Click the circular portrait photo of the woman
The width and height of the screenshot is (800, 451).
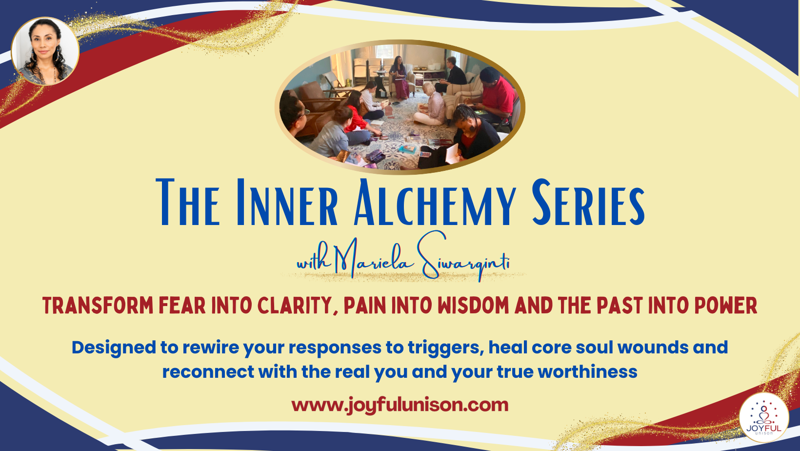45,51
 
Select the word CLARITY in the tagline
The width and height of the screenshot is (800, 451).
295,306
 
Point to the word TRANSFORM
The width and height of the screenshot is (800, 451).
98,306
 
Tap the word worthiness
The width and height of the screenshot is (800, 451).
587,372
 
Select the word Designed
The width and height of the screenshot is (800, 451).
113,348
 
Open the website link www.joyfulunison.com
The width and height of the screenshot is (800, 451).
400,405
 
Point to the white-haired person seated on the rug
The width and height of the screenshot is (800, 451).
432,105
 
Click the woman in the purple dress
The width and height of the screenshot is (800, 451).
400,78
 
